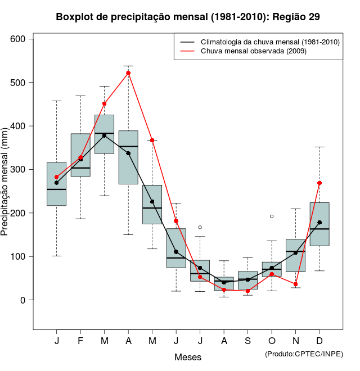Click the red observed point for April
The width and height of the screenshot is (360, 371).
pyautogui.click(x=128, y=73)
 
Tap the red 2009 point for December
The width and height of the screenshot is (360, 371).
pyautogui.click(x=319, y=183)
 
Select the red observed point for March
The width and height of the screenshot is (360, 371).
pyautogui.click(x=105, y=104)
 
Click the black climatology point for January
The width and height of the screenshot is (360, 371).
pyautogui.click(x=57, y=183)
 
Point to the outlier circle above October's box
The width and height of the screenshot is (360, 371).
pyautogui.click(x=272, y=216)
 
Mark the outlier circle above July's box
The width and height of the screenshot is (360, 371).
pyautogui.click(x=200, y=227)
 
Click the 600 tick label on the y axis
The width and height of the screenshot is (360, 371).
pyautogui.click(x=17, y=39)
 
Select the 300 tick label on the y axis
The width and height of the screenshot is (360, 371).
pyautogui.click(x=17, y=169)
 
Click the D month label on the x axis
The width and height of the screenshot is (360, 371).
pyautogui.click(x=319, y=341)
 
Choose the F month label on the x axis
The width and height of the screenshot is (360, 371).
pyautogui.click(x=80, y=341)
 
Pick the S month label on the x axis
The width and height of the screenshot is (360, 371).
pyautogui.click(x=248, y=341)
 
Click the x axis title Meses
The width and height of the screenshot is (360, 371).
pyautogui.click(x=188, y=357)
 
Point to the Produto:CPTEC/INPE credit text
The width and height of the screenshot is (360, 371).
pyautogui.click(x=304, y=354)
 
